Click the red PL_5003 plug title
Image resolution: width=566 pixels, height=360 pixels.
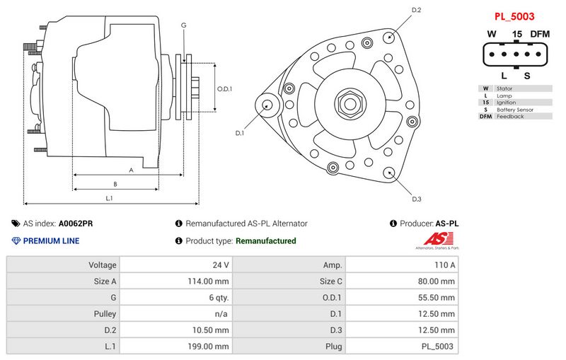[514, 16]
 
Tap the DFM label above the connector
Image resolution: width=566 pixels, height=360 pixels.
[540, 34]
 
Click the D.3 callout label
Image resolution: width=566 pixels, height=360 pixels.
[417, 199]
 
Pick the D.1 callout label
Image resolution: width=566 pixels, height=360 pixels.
[239, 132]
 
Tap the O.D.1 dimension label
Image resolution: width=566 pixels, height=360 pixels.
[224, 89]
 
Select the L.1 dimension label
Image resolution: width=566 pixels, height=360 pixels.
[110, 198]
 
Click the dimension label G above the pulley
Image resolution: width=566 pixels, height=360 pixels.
[184, 25]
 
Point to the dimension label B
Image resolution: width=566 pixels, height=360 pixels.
[115, 184]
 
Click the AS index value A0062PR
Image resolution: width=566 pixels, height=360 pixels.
[76, 223]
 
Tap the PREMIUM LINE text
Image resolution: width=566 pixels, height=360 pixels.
[51, 241]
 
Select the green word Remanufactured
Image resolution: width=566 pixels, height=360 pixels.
[265, 241]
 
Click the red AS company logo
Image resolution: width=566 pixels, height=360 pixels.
[438, 238]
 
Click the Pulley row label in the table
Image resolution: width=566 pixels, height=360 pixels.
[104, 314]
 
